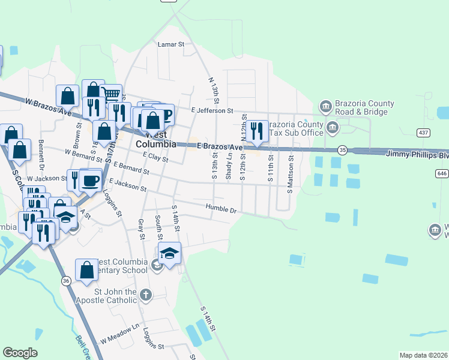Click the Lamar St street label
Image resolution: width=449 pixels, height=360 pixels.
tap(170, 44)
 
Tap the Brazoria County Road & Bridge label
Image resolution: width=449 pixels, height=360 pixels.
tap(361, 107)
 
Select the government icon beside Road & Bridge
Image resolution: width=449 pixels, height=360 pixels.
tap(325, 107)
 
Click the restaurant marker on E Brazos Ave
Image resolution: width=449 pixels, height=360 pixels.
tap(257, 131)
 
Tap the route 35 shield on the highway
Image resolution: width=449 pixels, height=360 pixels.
tap(343, 149)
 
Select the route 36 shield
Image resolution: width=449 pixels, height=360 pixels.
tap(65, 281)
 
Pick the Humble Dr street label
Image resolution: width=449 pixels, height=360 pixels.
tap(221, 209)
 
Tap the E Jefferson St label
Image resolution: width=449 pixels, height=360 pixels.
tap(212, 110)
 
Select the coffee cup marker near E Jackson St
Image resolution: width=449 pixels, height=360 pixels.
tap(90, 180)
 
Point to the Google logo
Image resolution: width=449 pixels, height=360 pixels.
tap(20, 353)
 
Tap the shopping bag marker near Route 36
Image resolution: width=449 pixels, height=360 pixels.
tap(86, 269)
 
